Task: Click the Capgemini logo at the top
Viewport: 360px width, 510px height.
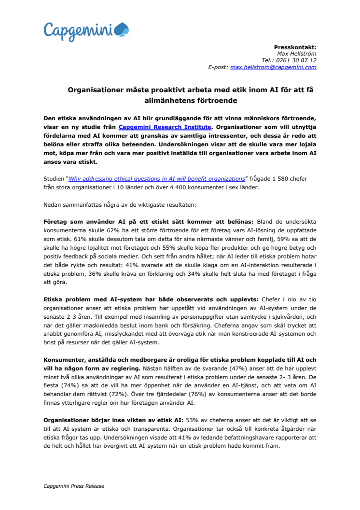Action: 86,30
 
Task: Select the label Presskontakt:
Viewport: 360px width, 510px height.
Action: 295,47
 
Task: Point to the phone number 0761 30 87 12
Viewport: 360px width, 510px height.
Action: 296,60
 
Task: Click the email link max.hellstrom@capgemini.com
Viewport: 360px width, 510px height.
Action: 273,68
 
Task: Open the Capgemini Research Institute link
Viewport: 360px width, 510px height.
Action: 165,127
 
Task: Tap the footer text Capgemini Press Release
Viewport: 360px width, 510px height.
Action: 73,485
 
